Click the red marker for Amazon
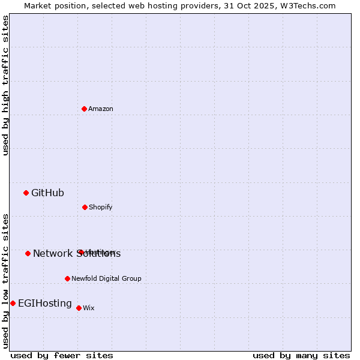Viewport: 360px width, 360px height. pos(85,109)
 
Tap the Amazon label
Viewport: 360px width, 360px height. pos(101,109)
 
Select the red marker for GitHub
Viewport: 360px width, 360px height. pos(26,193)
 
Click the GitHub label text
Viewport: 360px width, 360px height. pos(47,193)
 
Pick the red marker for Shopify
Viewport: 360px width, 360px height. pos(85,207)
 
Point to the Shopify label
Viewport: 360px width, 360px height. pos(101,208)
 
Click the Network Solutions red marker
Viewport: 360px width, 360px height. pos(28,253)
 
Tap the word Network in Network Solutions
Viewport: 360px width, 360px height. pos(52,254)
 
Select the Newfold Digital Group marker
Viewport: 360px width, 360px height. pos(68,278)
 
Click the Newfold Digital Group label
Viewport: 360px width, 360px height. pos(106,279)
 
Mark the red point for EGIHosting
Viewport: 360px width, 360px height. pos(13,303)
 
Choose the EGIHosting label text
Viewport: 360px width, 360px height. pos(45,304)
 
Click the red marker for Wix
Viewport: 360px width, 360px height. pos(79,308)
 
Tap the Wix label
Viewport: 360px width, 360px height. pos(89,308)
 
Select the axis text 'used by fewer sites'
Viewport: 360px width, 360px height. pos(62,356)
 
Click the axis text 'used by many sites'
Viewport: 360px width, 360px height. pos(301,356)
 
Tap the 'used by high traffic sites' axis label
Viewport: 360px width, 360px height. pos(5,85)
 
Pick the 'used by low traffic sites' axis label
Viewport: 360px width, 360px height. pos(5,280)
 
